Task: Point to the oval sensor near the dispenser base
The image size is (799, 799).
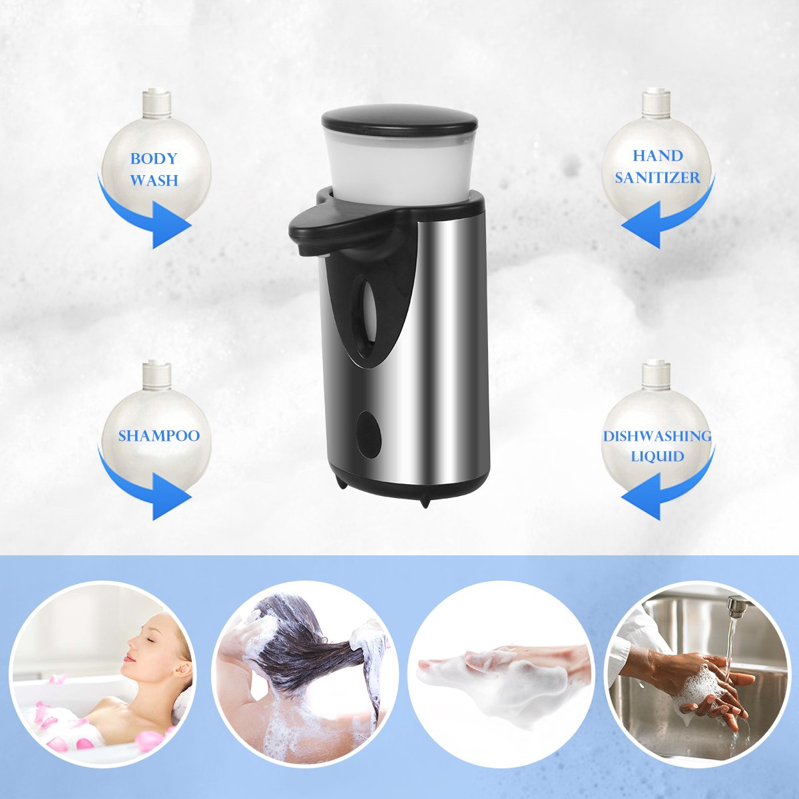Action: coord(369,435)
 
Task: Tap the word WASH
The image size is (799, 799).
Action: coord(154,180)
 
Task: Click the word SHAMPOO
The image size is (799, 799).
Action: coord(159,435)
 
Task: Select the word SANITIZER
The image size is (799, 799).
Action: coord(657,178)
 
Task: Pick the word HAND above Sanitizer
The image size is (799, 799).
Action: coord(658,156)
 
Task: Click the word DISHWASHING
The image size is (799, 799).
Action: coord(657,436)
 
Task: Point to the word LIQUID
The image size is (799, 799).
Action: coord(658,457)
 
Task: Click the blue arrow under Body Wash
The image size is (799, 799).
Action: coord(137,215)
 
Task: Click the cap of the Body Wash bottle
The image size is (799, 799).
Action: coord(156,103)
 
